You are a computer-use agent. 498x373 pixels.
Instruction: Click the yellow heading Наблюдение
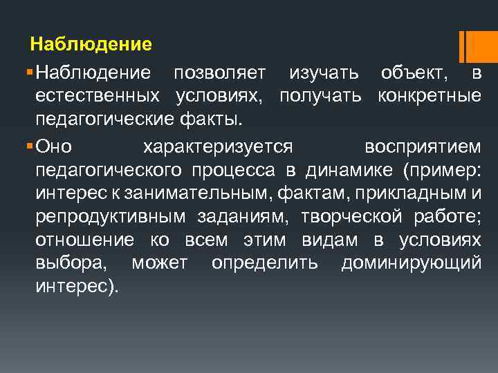tap(91, 46)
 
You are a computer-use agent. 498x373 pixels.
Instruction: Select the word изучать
tap(324, 71)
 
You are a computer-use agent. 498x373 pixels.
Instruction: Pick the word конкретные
tap(430, 95)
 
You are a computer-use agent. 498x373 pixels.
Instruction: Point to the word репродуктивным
tap(110, 216)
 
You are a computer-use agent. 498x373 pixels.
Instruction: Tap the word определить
tap(265, 263)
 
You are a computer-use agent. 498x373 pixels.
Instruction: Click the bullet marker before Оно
tap(27, 146)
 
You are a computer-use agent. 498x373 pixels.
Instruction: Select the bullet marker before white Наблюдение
tap(27, 72)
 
